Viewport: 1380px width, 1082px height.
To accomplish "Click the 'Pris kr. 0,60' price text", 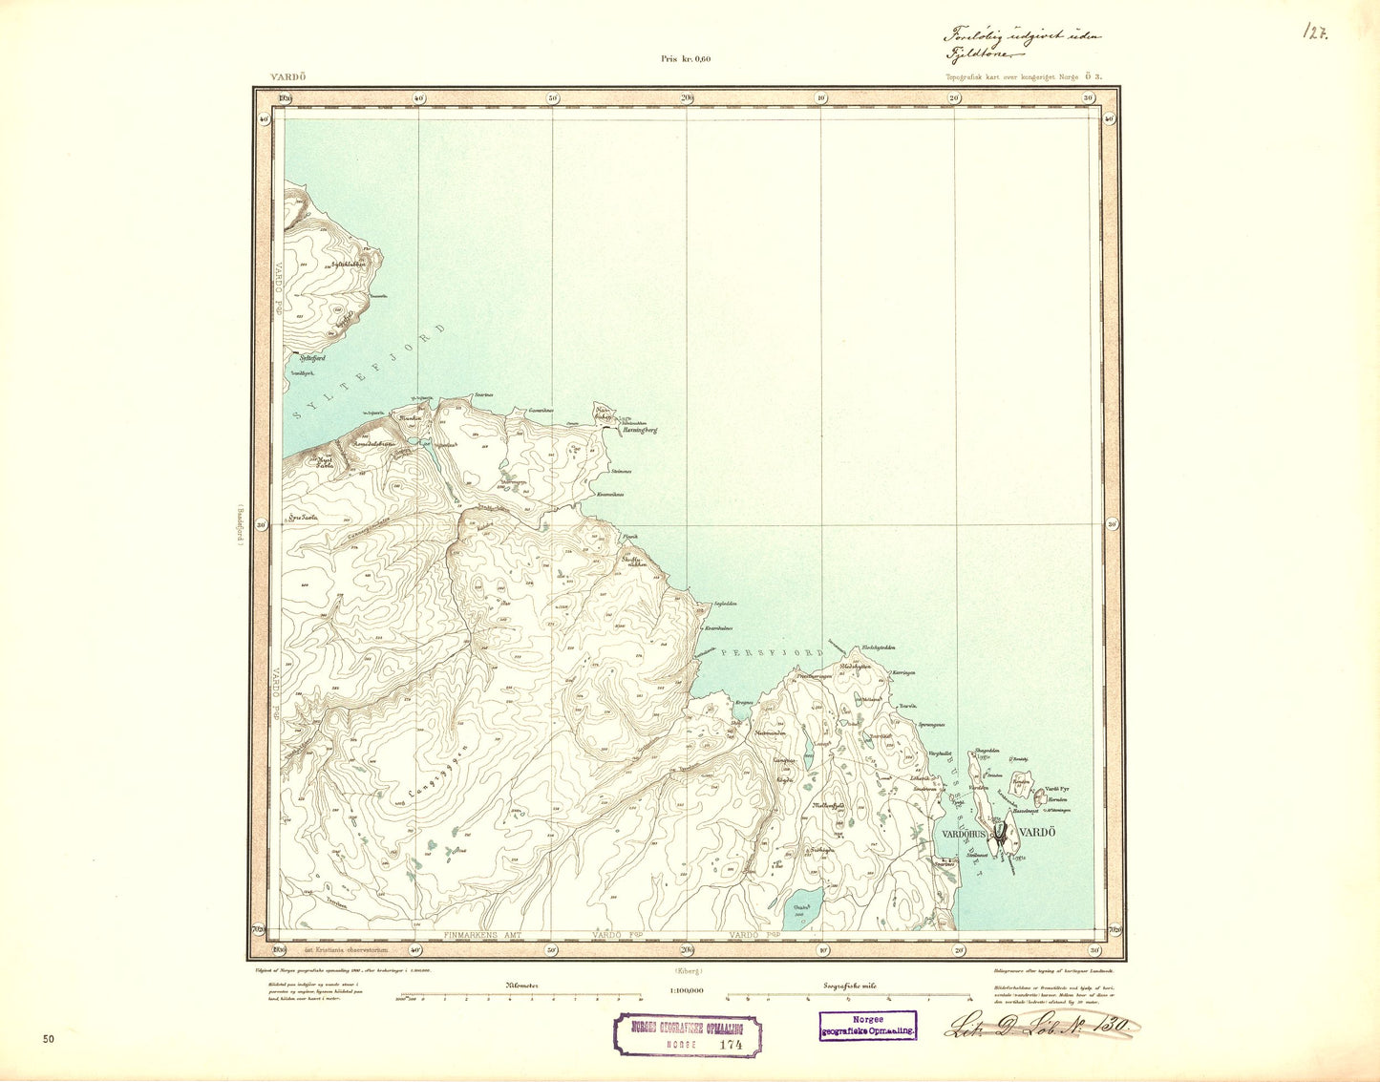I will [x=686, y=59].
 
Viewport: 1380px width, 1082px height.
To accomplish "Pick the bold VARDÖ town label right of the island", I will [x=1037, y=834].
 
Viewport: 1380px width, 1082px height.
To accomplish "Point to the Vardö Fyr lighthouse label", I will [x=1055, y=789].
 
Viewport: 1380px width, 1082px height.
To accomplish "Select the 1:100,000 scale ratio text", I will [x=686, y=991].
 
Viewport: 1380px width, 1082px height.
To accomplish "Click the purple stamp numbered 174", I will [x=687, y=1035].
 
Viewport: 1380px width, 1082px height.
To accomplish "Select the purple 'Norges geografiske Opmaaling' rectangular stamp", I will [x=867, y=1026].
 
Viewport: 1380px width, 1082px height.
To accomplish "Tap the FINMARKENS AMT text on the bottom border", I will [x=486, y=935].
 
